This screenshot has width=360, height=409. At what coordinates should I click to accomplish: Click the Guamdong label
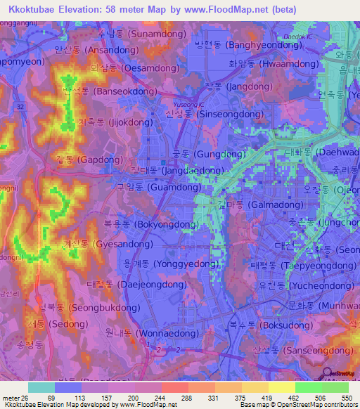[x=148, y=188]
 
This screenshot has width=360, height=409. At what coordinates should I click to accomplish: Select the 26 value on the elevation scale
[x=27, y=397]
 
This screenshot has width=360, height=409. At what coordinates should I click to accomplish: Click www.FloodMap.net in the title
[x=229, y=9]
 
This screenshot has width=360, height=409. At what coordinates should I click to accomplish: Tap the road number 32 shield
[x=21, y=106]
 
